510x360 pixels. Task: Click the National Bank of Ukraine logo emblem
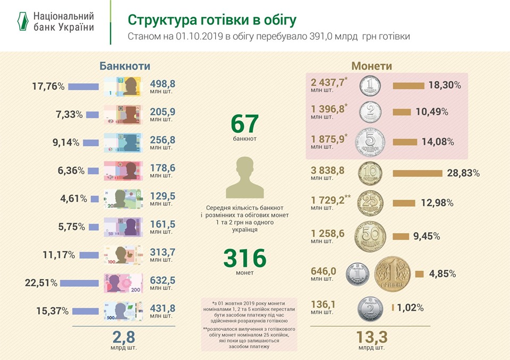coord(21,21)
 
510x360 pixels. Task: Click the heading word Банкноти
coord(125,66)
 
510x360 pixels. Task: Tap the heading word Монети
coord(372,66)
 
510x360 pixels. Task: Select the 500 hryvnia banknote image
coord(123,310)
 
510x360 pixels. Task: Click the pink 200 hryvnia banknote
coord(123,282)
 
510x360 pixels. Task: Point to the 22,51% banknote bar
coord(81,282)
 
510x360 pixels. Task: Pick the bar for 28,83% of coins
coord(417,173)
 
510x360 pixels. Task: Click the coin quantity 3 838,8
coord(328,170)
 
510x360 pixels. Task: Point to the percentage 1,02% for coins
coord(410,307)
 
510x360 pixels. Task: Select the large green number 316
coord(244,259)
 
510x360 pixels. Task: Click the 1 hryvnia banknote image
coord(123,86)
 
